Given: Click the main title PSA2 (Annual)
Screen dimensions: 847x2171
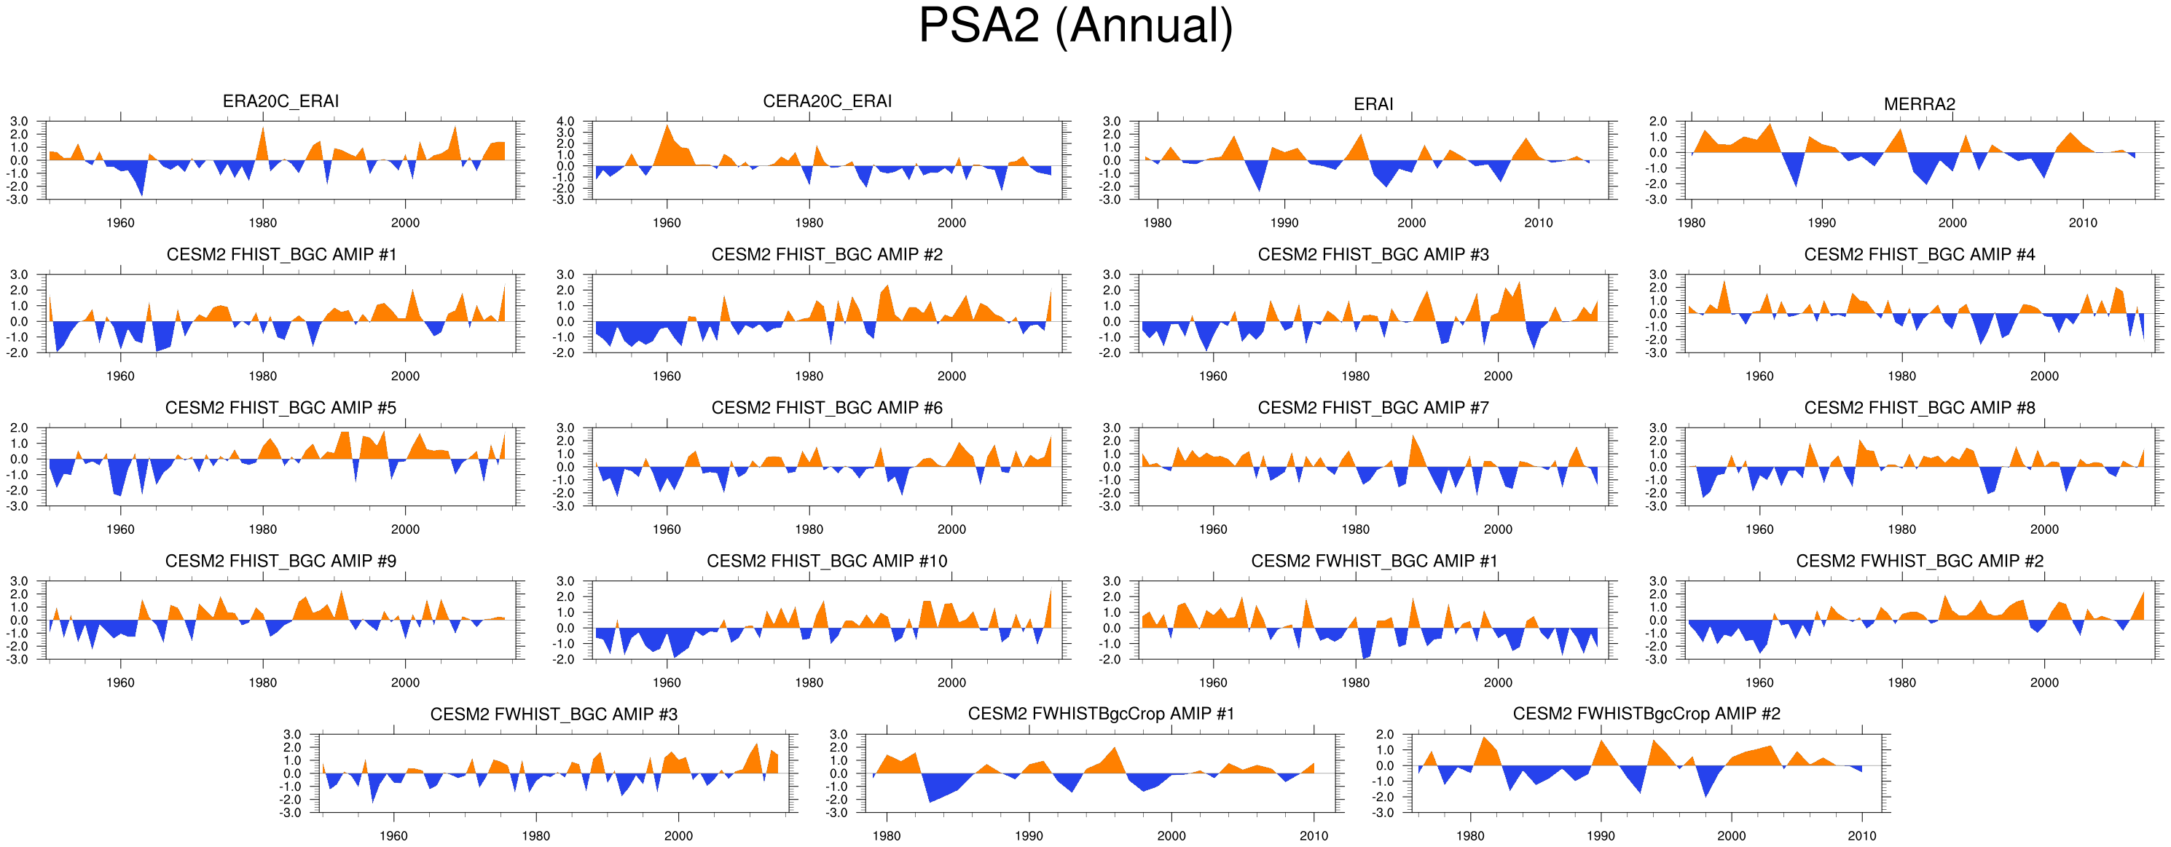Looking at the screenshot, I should (1075, 26).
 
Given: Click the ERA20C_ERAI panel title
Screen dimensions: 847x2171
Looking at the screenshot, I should (280, 101).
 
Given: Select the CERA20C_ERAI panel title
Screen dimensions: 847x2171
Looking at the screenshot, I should (827, 101).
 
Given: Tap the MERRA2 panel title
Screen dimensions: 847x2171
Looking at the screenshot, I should (1919, 103).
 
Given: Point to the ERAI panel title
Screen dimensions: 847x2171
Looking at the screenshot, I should (1373, 103).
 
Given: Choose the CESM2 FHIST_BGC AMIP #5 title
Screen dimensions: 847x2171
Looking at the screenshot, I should (280, 408).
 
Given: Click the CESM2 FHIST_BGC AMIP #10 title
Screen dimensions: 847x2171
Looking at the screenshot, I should (827, 562).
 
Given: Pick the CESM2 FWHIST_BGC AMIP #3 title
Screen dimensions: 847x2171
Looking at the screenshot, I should (554, 714).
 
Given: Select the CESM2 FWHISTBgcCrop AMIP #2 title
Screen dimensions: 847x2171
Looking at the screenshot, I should (1646, 714).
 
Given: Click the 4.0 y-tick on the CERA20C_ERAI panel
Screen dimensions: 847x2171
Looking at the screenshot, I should (565, 122).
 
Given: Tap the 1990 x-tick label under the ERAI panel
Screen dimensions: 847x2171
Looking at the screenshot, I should (1284, 224).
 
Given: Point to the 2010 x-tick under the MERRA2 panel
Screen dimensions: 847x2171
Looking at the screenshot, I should (2083, 224).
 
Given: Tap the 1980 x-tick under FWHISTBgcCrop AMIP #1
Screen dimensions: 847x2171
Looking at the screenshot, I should (887, 836).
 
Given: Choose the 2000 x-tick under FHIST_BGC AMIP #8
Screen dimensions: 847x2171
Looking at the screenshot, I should (2044, 530).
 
